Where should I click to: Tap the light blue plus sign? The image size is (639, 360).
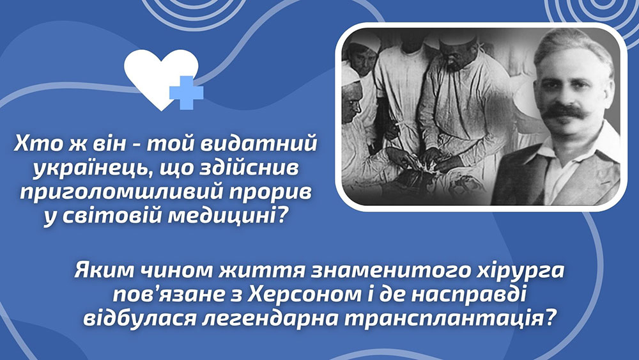[x=186, y=93]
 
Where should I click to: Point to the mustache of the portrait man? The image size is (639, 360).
[x=564, y=111]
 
